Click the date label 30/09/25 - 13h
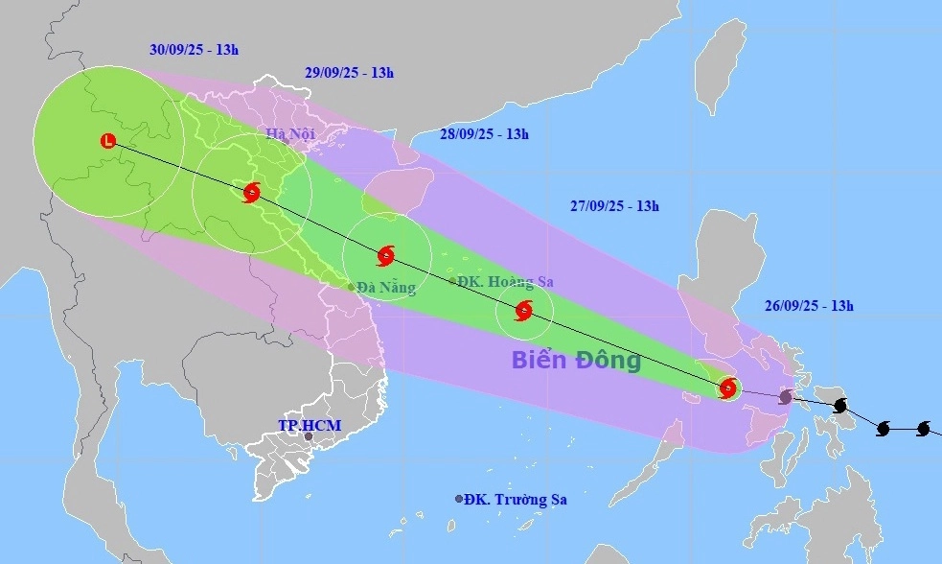pos(195,51)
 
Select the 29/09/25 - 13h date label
pos(349,72)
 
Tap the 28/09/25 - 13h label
pos(484,134)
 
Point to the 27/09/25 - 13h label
pos(614,205)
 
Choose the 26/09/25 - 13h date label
pos(809,306)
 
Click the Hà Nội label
pos(290,134)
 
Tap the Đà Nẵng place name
pos(386,288)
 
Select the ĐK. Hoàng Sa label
pos(505,282)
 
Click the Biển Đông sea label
pos(575,362)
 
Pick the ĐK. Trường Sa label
pos(517,500)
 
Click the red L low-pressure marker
pos(107,141)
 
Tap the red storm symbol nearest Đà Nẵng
pos(385,255)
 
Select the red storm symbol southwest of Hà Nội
pos(251,193)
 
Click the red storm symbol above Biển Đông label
pos(524,310)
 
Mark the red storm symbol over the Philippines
pos(728,388)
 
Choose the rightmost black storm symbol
pos(924,428)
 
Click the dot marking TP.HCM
pos(309,436)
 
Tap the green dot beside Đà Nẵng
pos(351,286)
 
